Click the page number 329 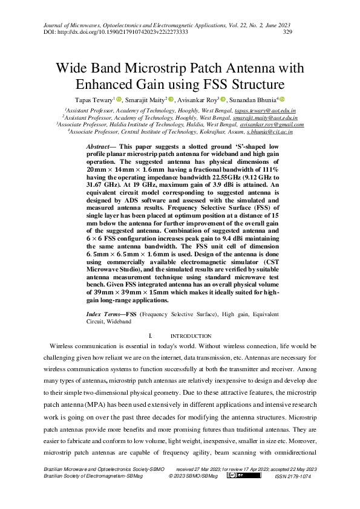point(288,32)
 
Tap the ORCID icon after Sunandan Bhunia point(281,99)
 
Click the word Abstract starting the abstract point(98,147)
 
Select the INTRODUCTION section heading point(191,336)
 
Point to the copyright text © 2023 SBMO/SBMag point(192,476)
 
